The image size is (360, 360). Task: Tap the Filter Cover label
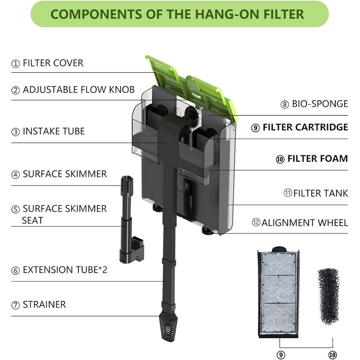pos(52,63)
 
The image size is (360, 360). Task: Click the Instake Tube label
pos(53,131)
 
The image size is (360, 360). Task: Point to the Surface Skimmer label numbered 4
pos(65,174)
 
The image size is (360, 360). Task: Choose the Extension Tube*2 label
pos(65,270)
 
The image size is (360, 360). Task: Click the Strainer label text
pos(44,305)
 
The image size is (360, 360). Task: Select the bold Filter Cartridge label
pos(305,127)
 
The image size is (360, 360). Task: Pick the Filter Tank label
pos(321,193)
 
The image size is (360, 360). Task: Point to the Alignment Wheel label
pos(305,223)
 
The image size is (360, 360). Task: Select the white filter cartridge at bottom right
pos(278,293)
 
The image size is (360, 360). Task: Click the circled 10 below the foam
pos(332,355)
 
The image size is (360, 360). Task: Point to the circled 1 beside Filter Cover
pos(16,64)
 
